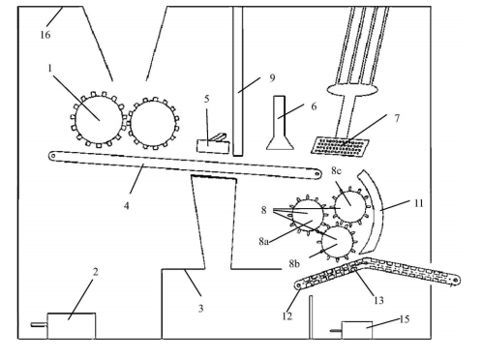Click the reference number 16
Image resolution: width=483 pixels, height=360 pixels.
click(x=45, y=34)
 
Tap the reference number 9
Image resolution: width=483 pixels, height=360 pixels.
click(x=272, y=77)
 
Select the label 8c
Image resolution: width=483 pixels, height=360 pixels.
click(x=336, y=170)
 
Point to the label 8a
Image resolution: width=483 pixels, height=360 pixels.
click(x=263, y=241)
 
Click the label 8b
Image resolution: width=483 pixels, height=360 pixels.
click(x=294, y=263)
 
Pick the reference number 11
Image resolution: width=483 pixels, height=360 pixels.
click(x=418, y=203)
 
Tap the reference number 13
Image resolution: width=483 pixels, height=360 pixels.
click(x=378, y=300)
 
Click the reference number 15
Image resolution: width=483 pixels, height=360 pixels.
click(x=405, y=319)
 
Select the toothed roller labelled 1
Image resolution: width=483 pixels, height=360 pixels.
click(x=98, y=119)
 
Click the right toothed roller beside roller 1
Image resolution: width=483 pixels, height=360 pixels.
click(x=154, y=123)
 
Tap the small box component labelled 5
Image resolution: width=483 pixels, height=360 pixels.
click(x=213, y=144)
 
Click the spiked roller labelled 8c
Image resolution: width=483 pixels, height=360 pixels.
click(x=349, y=205)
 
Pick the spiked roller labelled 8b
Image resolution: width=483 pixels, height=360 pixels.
click(x=338, y=241)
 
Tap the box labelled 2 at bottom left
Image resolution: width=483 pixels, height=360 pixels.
click(x=72, y=326)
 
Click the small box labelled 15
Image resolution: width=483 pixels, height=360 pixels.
click(x=357, y=330)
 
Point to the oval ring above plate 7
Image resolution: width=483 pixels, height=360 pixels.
click(x=352, y=89)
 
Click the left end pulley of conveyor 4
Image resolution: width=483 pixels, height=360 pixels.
click(x=52, y=156)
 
